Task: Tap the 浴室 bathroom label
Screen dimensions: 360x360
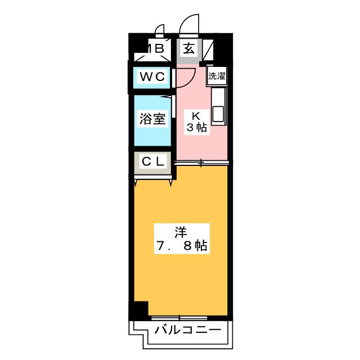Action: pos(152,119)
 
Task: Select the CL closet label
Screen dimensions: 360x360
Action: pos(152,162)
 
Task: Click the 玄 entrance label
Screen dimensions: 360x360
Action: pos(189,48)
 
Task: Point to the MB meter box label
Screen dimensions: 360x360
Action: pos(155,48)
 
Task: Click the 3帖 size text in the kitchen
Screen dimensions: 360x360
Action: pos(197,128)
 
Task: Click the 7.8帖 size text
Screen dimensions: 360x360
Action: pos(181,246)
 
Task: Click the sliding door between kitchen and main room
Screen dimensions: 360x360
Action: pos(202,163)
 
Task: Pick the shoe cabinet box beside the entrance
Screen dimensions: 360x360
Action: pos(208,48)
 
